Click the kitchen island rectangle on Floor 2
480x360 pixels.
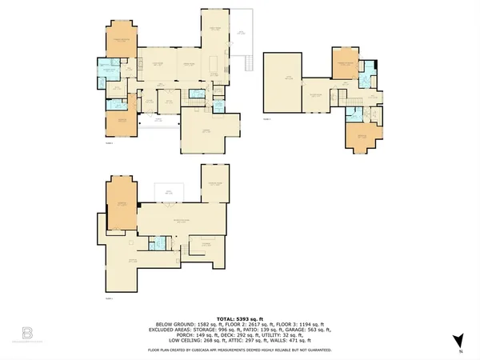click(x=214, y=63)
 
